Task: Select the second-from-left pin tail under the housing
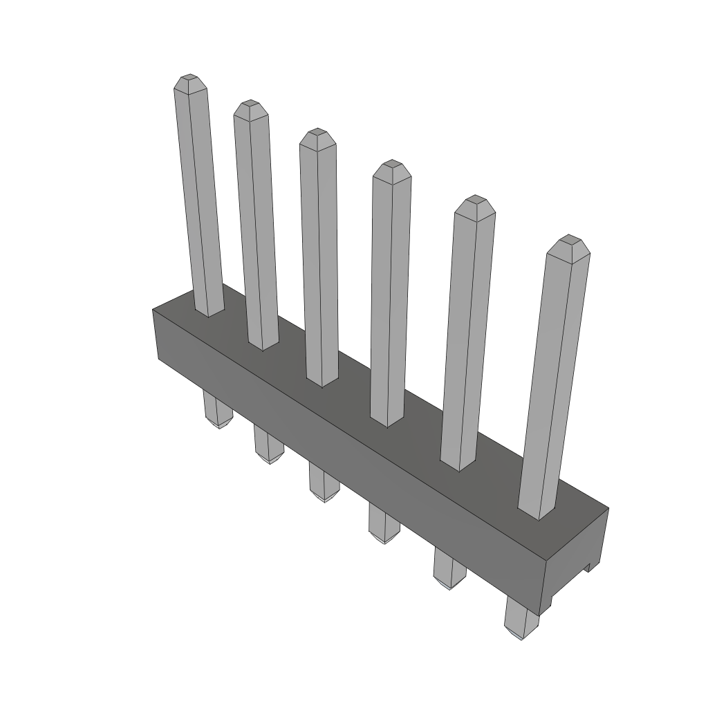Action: [268, 445]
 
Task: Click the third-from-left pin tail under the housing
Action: [323, 483]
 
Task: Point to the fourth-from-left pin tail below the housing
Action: [383, 525]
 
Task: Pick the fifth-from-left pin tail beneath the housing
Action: [449, 569]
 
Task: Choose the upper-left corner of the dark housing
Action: [153, 311]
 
